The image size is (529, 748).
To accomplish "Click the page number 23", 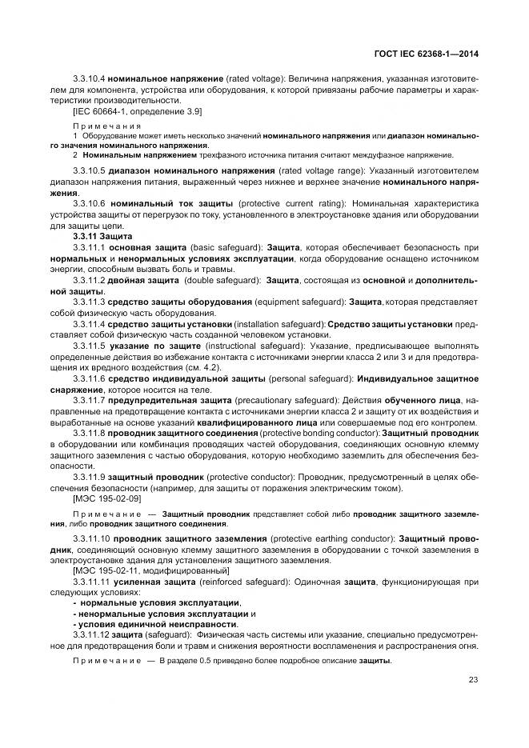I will tap(473, 679).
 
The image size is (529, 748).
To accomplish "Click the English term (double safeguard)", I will tap(222, 282).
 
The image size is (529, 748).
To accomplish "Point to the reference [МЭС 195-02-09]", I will tap(107, 498).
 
